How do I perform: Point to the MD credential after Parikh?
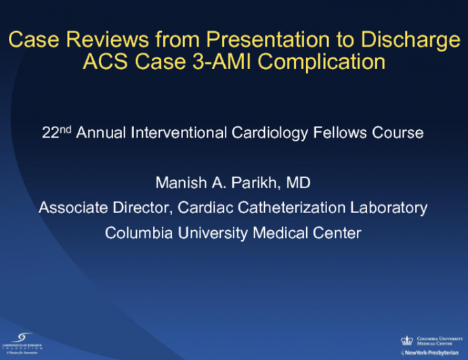tap(299, 183)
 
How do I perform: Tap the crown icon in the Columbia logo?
tap(408, 340)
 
